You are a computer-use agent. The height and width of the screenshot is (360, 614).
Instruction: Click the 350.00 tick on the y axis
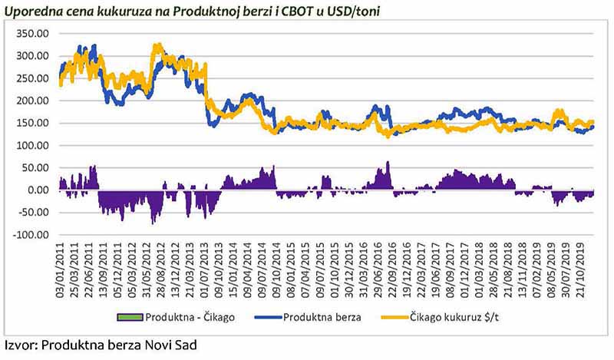pos(34,34)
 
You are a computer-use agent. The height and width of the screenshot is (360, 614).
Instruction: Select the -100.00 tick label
pos(31,235)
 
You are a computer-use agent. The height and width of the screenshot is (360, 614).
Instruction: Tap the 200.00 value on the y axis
pos(34,101)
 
